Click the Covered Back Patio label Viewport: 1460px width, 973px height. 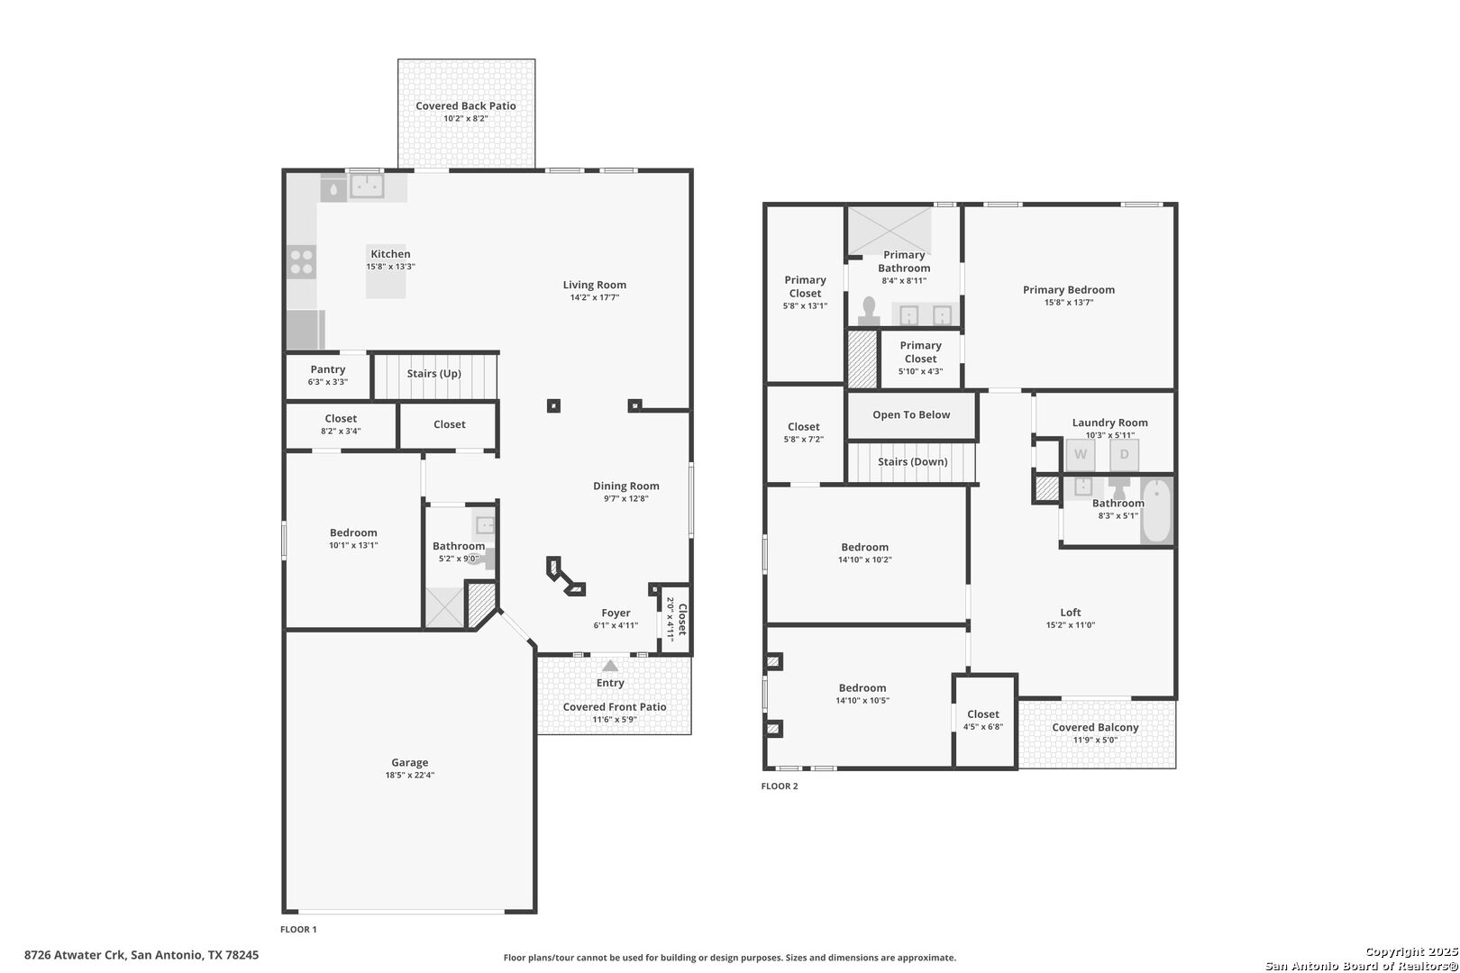click(x=465, y=105)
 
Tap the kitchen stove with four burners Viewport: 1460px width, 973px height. click(x=302, y=262)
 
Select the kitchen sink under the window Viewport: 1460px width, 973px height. click(x=367, y=186)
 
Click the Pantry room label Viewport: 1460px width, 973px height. click(x=328, y=369)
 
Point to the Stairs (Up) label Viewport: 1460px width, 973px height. click(x=434, y=373)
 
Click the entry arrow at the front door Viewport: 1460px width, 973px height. click(x=610, y=666)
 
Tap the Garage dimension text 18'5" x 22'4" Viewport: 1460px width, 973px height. click(x=409, y=775)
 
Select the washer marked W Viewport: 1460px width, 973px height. click(x=1080, y=455)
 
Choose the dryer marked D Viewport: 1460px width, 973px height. click(x=1125, y=455)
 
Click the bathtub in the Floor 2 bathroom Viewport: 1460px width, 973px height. click(x=1157, y=510)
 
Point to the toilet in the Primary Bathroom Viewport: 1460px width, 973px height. click(x=868, y=311)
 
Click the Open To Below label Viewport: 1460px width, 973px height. click(x=911, y=414)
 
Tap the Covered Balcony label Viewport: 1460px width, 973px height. click(x=1095, y=727)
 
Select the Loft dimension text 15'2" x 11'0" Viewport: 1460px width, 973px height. click(x=1071, y=625)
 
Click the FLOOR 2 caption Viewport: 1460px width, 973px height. click(x=780, y=786)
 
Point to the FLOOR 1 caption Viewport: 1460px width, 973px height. click(x=298, y=930)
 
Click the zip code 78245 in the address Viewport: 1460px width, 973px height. click(x=242, y=955)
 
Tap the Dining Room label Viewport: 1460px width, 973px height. click(x=625, y=486)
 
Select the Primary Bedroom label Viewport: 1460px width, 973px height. click(x=1068, y=290)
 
